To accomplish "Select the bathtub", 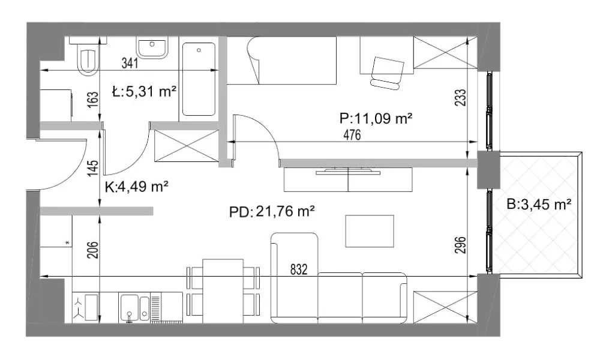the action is tap(199, 79).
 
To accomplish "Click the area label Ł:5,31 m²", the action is tap(144, 92).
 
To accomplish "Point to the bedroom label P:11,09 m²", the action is tap(376, 119).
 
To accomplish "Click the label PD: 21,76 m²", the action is tap(272, 211).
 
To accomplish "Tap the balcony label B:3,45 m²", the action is tap(539, 205).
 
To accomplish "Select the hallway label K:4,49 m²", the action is tap(137, 187).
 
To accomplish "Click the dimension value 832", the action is tap(299, 270).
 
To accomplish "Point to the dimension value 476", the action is tap(352, 135).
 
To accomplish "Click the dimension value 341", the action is tap(130, 63).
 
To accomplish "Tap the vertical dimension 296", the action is tap(461, 245).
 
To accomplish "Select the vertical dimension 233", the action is tap(461, 98).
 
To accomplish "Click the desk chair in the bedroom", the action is tap(387, 73).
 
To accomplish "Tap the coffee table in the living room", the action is tap(370, 231).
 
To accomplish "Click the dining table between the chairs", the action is tap(223, 291).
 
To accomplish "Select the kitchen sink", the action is tap(134, 307).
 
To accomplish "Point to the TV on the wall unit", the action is tap(348, 171).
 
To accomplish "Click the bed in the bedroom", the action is tap(292, 61).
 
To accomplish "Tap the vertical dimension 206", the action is tap(93, 250).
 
